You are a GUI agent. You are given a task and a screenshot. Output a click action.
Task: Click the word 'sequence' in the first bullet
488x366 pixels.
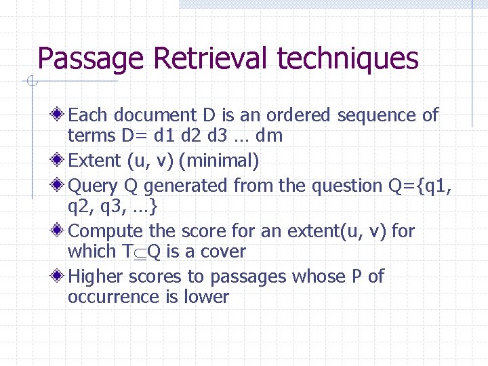[377, 116]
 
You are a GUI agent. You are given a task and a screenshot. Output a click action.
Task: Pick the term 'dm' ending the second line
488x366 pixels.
[270, 136]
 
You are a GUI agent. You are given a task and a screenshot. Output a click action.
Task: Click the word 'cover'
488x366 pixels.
[223, 251]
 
